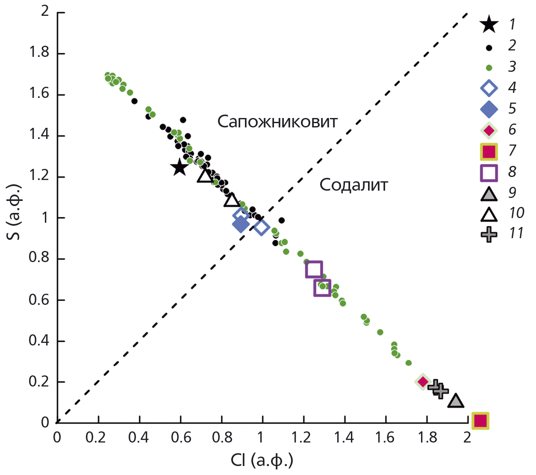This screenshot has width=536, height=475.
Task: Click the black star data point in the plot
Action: point(180,167)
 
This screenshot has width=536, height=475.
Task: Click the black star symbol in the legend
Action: point(489,24)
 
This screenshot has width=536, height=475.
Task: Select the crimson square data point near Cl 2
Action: point(480,421)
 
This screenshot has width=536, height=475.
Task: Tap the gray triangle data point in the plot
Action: point(456,401)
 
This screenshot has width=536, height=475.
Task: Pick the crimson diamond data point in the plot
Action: point(423,381)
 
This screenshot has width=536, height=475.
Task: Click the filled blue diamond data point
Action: point(241,224)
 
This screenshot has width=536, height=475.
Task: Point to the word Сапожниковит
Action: point(277,122)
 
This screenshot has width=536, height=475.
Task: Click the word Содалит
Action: point(353,185)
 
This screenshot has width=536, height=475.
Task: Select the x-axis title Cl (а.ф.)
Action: point(262,460)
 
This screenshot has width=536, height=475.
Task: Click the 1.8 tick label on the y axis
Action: point(39,53)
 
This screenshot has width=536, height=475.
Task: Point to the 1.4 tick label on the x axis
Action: point(344,437)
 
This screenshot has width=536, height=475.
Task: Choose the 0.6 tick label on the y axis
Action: point(39,300)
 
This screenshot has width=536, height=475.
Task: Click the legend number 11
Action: point(516,233)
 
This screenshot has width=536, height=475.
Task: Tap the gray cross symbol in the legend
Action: point(489,234)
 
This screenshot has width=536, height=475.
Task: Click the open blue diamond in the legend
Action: point(489,89)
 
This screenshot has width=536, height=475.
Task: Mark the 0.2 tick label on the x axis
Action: point(97,437)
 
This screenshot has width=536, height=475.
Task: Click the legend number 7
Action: point(512,150)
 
